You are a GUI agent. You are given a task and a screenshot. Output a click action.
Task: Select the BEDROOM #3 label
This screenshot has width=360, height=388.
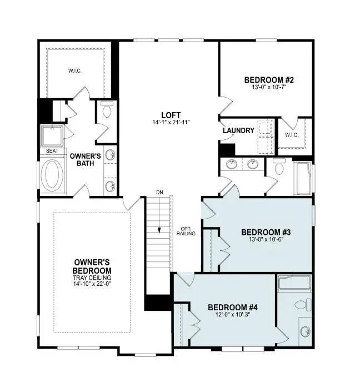coord(265,232)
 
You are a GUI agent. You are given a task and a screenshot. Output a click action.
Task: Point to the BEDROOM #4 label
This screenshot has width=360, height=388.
coord(232,307)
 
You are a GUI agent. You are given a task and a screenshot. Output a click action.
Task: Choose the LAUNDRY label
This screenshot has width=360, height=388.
coord(239,130)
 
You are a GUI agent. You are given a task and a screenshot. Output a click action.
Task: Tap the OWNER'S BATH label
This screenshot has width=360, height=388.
coord(86,160)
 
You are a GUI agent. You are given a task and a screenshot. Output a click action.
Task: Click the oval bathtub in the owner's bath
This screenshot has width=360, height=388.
coord(53,175)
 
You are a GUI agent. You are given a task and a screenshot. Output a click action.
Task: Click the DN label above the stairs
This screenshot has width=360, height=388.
coord(159,192)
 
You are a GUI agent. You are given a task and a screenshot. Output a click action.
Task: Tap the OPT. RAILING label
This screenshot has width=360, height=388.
coord(186,231)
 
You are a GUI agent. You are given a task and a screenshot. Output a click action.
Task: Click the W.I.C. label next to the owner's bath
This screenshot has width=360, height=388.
coord(76,70)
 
